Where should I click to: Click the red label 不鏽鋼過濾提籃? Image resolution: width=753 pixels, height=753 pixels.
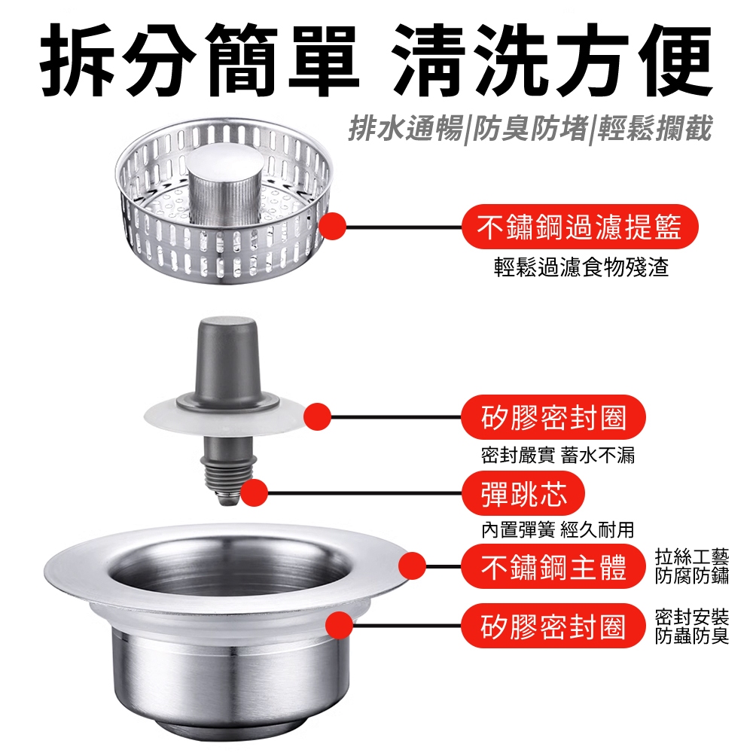pos(580,227)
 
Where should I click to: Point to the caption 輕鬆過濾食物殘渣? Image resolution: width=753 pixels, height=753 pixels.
pos(581,267)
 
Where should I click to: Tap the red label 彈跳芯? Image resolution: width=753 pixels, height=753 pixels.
pos(523,493)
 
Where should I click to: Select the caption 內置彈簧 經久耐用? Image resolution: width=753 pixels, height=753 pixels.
pos(557,529)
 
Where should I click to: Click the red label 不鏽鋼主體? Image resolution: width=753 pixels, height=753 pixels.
pos(553,567)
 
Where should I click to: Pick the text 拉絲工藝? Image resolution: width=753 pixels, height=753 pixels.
pos(692,557)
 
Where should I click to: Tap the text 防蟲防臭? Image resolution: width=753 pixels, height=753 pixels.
pos(692,636)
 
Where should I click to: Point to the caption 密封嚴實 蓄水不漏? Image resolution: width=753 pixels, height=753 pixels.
pos(557,455)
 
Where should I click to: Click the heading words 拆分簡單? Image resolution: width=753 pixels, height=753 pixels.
pos(200,59)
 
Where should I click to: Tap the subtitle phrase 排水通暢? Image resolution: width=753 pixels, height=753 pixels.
pos(405,129)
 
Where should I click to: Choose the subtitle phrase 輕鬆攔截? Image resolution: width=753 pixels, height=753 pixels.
pos(654,129)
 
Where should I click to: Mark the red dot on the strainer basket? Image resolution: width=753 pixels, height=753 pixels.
pos(332,226)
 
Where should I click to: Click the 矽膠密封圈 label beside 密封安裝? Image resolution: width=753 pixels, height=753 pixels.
pos(553,626)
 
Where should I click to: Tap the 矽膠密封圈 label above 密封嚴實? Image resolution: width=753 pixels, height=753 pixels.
pos(553,417)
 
